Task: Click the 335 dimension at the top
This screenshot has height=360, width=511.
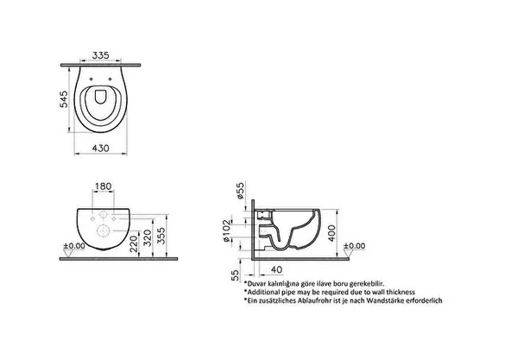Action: pos(100,55)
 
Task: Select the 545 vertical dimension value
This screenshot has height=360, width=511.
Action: pos(64,99)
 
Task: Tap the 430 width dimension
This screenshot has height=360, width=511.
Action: pos(101,148)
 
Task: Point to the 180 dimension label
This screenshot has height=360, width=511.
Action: pos(104,186)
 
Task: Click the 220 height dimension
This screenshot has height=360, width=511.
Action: pos(134,245)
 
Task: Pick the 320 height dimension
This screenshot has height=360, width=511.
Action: pos(148,238)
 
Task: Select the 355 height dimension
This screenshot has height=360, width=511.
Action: pos(161,236)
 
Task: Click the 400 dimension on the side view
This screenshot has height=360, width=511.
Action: pos(331,233)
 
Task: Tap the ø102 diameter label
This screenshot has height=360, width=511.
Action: pos(226,231)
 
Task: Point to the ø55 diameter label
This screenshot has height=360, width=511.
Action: pos(240,191)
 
